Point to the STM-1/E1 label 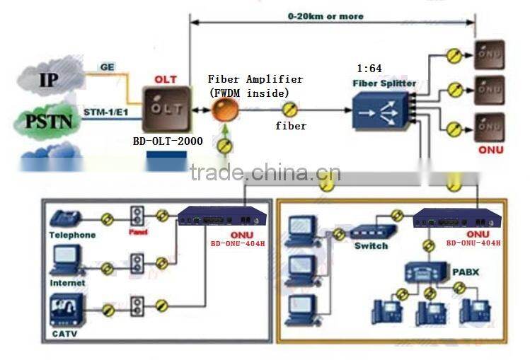(x=106, y=112)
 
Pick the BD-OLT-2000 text (x=168, y=141)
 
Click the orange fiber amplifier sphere (x=225, y=110)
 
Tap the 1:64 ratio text (x=369, y=69)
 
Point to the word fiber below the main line (x=291, y=126)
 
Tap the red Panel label (x=138, y=231)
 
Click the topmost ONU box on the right (x=490, y=54)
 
